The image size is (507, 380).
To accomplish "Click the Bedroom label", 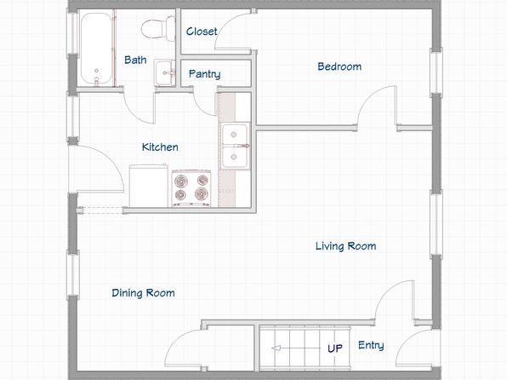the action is [x=339, y=66].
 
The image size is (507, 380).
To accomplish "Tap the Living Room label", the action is [x=346, y=246].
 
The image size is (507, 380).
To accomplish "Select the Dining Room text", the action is [x=143, y=293].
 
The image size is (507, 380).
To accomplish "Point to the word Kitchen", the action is [x=160, y=147].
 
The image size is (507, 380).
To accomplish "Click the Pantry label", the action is [x=205, y=74].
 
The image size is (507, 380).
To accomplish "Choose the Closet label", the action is [x=202, y=32].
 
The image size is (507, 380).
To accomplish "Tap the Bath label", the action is [x=135, y=60].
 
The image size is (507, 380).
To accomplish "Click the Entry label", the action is [x=371, y=345].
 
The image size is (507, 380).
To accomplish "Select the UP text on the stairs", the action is [x=335, y=348].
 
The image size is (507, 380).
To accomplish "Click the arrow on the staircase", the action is [x=299, y=348].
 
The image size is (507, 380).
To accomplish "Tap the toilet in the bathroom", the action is [x=158, y=28].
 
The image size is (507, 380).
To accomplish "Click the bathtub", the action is [x=97, y=49].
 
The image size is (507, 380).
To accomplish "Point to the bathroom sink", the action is [x=164, y=72].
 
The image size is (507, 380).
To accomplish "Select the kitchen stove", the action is [x=191, y=188].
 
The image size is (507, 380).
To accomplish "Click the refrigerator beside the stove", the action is [x=148, y=186].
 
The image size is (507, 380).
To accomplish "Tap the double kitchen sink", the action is [x=236, y=146].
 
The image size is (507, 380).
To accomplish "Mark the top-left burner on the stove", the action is [x=180, y=180].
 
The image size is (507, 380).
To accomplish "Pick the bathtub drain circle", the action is [x=96, y=71].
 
